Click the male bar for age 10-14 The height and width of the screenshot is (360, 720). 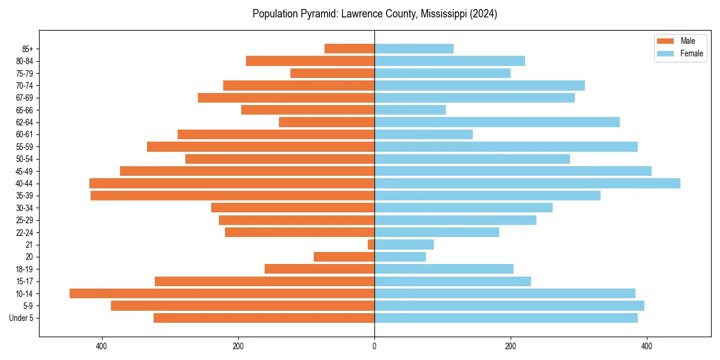point(222,293)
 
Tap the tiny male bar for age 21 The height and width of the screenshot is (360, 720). point(371,244)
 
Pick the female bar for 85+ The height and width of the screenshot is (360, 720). point(414,49)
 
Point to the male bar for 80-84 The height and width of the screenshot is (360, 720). point(310,61)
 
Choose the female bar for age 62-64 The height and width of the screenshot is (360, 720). point(497,122)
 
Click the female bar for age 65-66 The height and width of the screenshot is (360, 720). point(410,110)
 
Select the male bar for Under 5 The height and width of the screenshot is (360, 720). point(264,318)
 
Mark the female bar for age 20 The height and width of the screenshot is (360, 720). point(400,257)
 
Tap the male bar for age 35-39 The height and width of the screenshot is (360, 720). point(232,196)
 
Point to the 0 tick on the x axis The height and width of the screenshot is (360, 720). point(374,346)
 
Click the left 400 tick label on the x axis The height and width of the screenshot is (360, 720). point(101,346)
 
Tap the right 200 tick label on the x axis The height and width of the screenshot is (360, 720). point(511,346)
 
